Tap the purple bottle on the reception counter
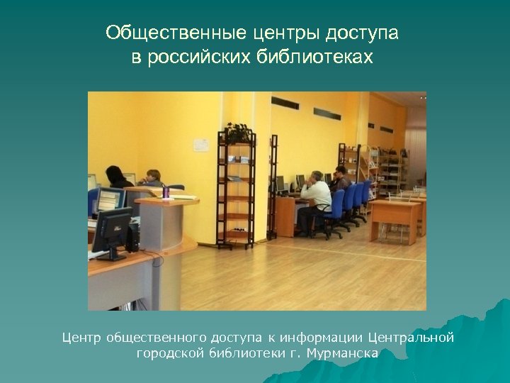[166, 191]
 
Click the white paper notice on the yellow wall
[201, 144]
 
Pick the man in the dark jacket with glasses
[341, 181]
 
